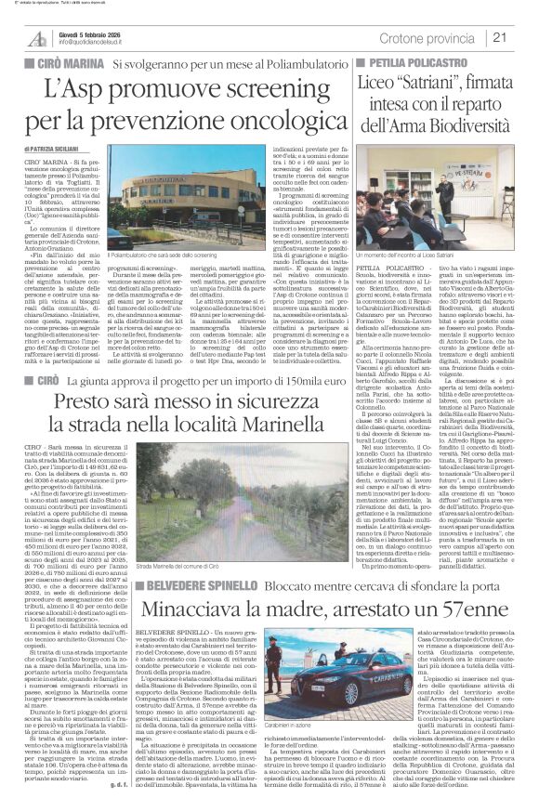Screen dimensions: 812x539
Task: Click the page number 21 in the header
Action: click(x=522, y=36)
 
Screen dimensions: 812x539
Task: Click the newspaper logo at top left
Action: click(x=38, y=36)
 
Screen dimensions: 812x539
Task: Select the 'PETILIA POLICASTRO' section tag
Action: click(x=427, y=62)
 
